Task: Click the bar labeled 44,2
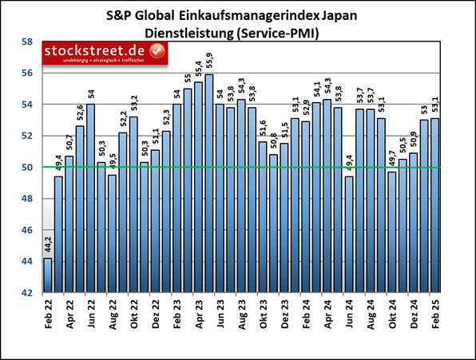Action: (48, 275)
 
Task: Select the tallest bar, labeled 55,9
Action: (208, 184)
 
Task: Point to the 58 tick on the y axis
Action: (26, 42)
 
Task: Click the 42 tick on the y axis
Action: (26, 293)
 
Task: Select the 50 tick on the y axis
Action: (26, 168)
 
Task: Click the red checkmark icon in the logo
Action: (157, 52)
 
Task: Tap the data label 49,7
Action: (391, 158)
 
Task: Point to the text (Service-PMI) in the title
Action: (281, 33)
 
